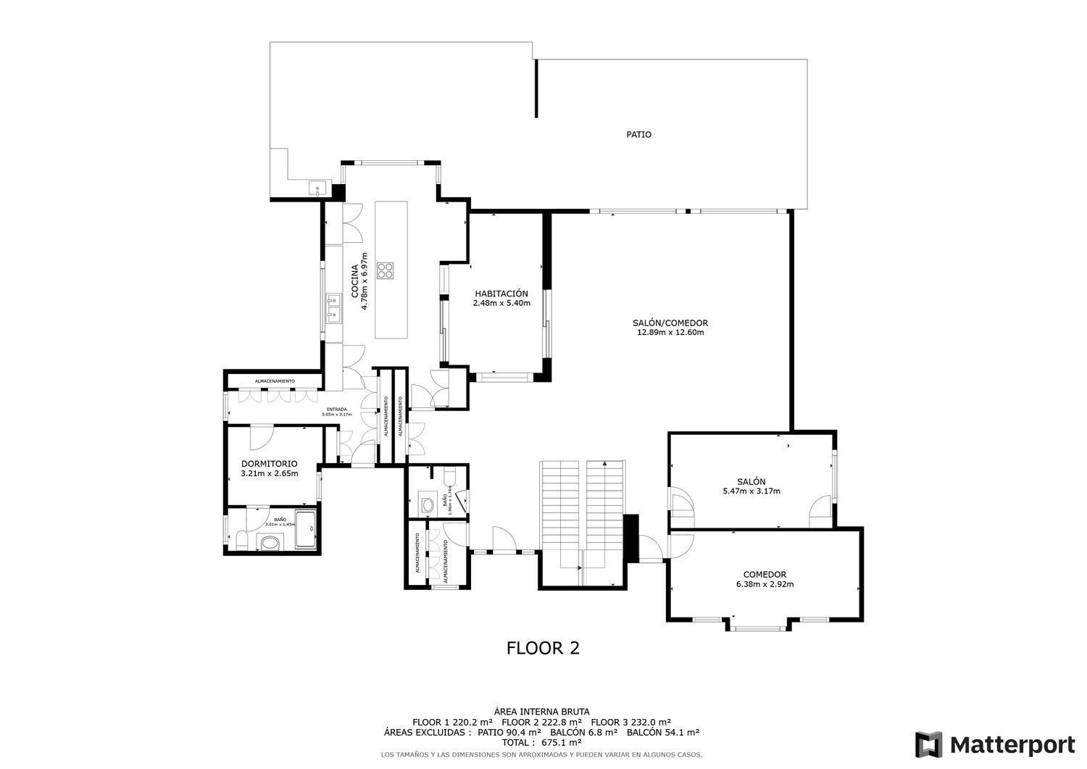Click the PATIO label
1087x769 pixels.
(x=638, y=134)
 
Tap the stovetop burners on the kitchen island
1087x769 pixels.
(x=386, y=270)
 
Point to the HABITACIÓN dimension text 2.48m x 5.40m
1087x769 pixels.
(x=501, y=303)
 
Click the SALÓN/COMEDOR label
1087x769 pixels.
(x=670, y=323)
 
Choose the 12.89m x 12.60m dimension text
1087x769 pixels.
(x=670, y=333)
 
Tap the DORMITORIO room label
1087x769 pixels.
(x=269, y=464)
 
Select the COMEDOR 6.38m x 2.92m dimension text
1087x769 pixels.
(x=765, y=584)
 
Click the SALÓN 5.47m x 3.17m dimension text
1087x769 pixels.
(x=751, y=491)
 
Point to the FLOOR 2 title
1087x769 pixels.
(x=543, y=648)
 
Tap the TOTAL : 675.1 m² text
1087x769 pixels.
(x=542, y=742)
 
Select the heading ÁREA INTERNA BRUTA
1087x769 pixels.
(x=542, y=712)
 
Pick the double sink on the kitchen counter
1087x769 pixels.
(x=333, y=307)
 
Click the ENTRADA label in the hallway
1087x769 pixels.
(x=337, y=409)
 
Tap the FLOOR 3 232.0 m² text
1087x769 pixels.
(x=630, y=722)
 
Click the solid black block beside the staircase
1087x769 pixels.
(x=631, y=538)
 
